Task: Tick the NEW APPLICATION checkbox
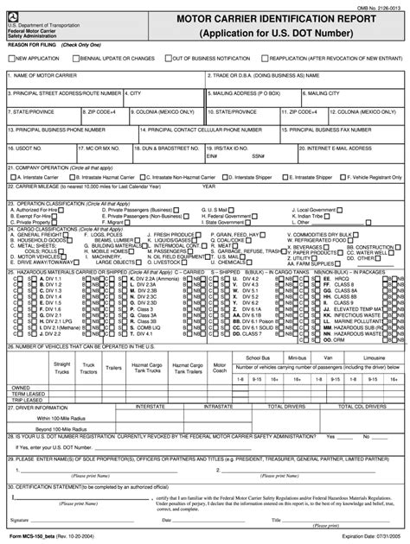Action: (x=11, y=58)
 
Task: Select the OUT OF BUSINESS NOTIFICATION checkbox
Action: (x=167, y=58)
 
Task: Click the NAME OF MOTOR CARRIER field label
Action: (x=43, y=75)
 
